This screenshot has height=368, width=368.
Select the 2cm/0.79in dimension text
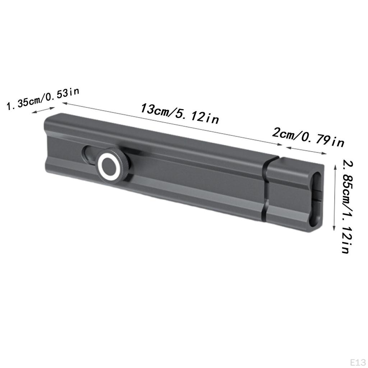pyautogui.click(x=308, y=137)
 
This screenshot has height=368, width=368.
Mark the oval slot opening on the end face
pyautogui.click(x=316, y=199)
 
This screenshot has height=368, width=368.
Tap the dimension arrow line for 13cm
pyautogui.click(x=172, y=124)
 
